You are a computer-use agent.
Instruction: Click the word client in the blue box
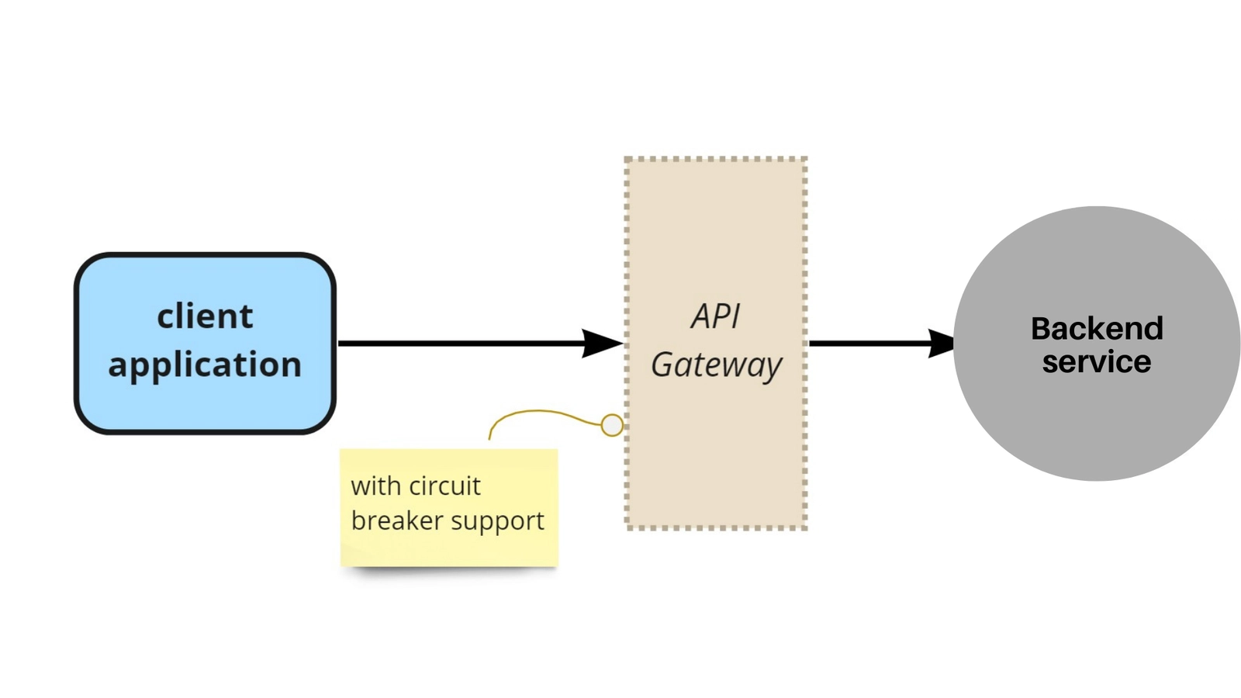(205, 316)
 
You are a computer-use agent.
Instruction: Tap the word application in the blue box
(205, 365)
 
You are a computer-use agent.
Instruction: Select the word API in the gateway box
(715, 316)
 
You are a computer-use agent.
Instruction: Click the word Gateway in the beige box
(716, 365)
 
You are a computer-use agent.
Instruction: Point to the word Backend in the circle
(1097, 329)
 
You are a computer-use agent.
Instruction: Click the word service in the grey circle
(1097, 362)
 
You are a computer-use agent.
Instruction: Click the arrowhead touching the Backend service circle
(941, 343)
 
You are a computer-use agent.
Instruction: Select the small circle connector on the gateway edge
(612, 425)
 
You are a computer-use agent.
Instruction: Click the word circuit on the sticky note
(444, 486)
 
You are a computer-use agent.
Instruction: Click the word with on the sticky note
(375, 486)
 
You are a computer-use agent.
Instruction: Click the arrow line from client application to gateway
(458, 343)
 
